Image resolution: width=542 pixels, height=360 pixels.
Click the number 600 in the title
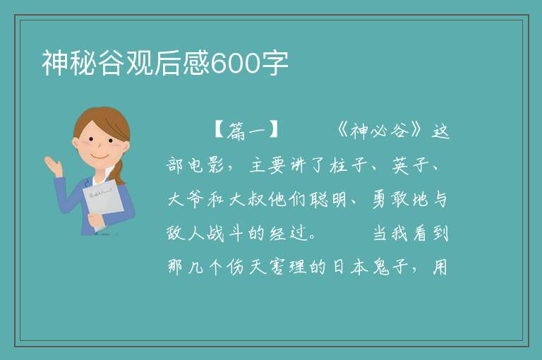click(235, 64)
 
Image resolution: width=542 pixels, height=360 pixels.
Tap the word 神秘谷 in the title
click(83, 63)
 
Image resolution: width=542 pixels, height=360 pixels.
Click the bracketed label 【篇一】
click(246, 131)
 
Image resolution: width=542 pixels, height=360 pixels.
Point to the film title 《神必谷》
click(380, 131)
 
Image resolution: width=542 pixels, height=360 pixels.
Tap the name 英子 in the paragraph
click(411, 165)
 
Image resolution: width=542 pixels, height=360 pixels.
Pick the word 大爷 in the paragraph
click(186, 199)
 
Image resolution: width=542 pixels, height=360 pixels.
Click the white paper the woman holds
click(103, 203)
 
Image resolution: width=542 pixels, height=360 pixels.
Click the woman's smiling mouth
click(100, 156)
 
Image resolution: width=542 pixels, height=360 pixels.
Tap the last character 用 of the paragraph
click(440, 267)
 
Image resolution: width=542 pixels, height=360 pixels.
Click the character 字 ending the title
click(275, 63)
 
